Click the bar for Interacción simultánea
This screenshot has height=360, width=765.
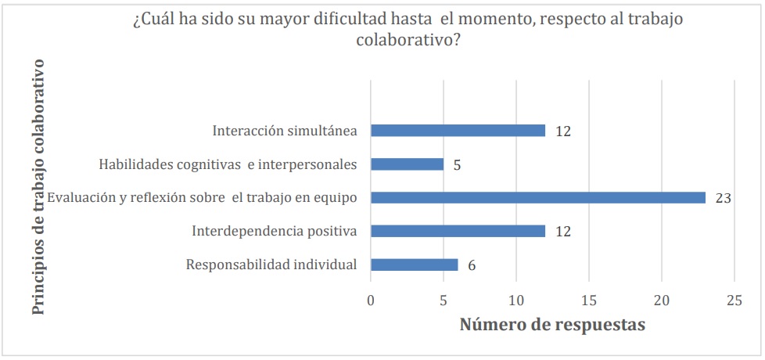tap(458, 131)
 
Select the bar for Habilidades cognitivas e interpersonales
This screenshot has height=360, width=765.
tap(407, 164)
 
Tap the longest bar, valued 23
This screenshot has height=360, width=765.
tap(538, 198)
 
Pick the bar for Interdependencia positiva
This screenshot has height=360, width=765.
tap(458, 232)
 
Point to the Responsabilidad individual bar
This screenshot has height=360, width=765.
tap(414, 265)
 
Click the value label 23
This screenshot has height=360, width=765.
tap(723, 198)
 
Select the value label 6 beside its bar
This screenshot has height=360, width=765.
tap(471, 265)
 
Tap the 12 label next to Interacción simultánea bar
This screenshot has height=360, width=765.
tap(563, 131)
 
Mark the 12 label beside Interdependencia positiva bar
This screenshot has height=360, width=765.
tap(563, 232)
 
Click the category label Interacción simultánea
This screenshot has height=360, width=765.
tap(285, 131)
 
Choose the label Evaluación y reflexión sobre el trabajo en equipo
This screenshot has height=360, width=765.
tap(203, 198)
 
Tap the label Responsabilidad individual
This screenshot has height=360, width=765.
tap(271, 265)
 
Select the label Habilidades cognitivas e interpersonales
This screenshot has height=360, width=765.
tap(228, 164)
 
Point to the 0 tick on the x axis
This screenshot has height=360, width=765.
tap(371, 300)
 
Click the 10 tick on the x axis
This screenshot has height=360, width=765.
tap(516, 300)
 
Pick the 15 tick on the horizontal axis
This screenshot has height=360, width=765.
tap(589, 300)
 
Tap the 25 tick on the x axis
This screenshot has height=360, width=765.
tap(734, 300)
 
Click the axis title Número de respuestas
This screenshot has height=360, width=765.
tap(552, 325)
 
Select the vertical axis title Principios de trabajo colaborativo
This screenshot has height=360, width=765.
tap(38, 186)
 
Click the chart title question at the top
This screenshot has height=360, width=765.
tap(408, 30)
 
